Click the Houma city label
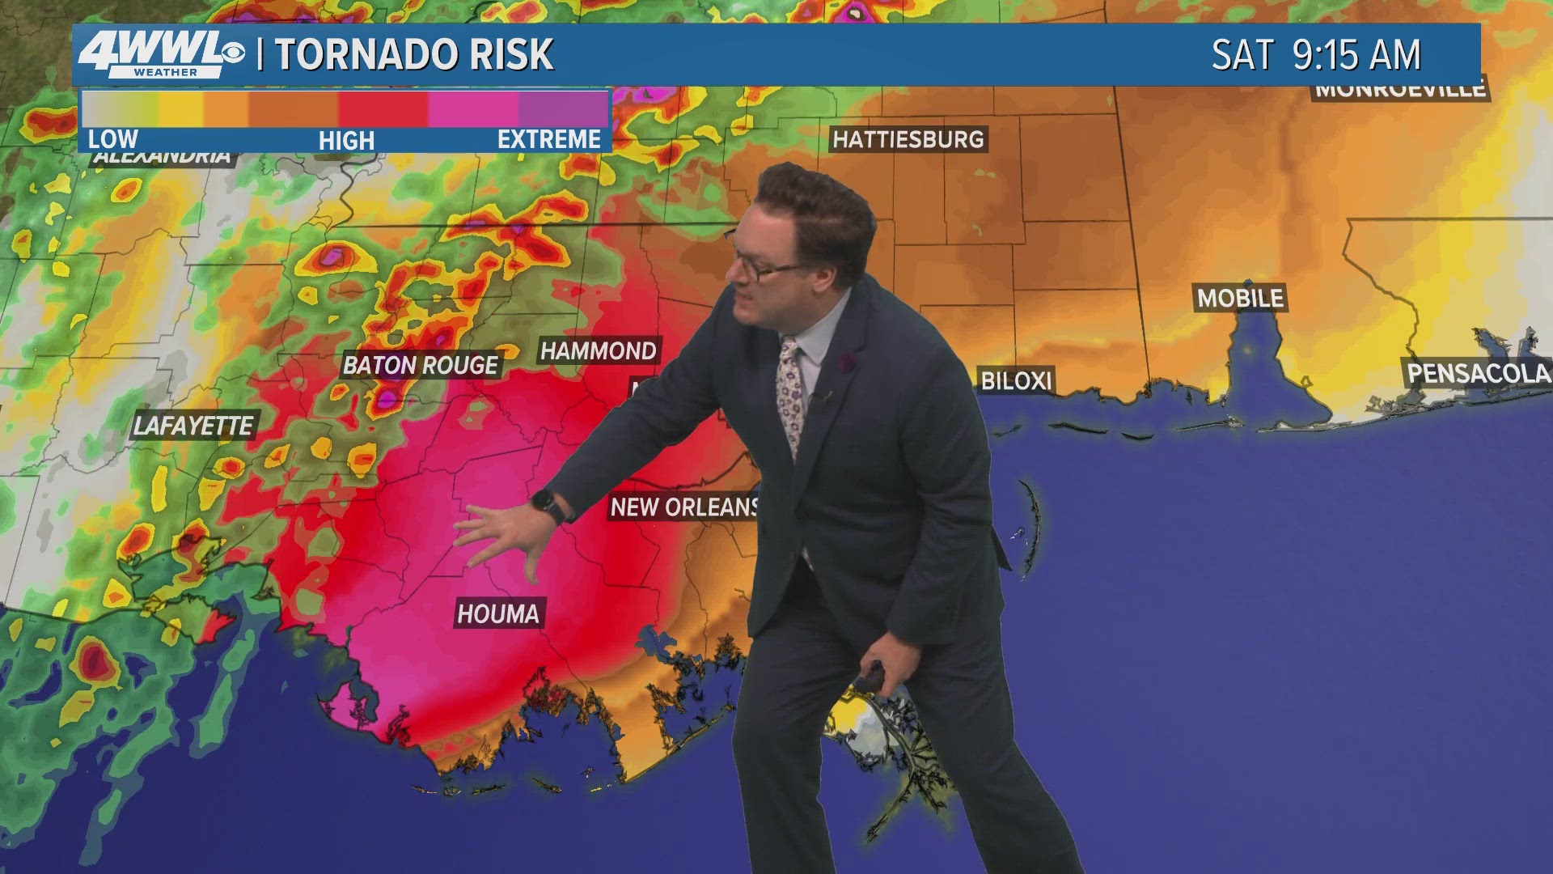pos(498,613)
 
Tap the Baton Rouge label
pos(421,365)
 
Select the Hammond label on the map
pos(599,350)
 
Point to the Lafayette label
pos(193,426)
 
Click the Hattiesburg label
pos(908,139)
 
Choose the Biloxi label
pos(1016,380)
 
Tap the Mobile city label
pos(1240,298)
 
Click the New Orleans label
pos(684,507)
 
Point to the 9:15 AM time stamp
pos(1356,55)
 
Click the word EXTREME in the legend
pos(549,139)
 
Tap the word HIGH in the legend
pos(346,141)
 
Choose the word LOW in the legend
pos(112,139)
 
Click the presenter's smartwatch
pos(551,508)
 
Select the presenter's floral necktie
pos(789,397)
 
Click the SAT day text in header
pos(1242,55)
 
